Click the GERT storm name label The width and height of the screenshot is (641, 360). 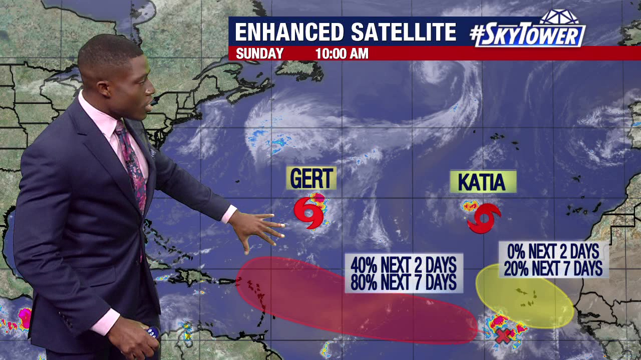311,178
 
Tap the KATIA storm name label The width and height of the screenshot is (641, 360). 482,182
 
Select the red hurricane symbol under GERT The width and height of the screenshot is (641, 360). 309,213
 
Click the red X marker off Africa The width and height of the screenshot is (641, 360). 502,336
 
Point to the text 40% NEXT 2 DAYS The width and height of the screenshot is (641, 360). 403,264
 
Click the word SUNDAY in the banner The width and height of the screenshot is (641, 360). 259,53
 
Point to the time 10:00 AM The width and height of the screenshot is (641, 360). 342,53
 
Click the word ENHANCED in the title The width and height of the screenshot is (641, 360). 289,32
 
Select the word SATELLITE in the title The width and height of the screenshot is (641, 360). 403,32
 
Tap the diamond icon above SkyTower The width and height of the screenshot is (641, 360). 560,16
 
